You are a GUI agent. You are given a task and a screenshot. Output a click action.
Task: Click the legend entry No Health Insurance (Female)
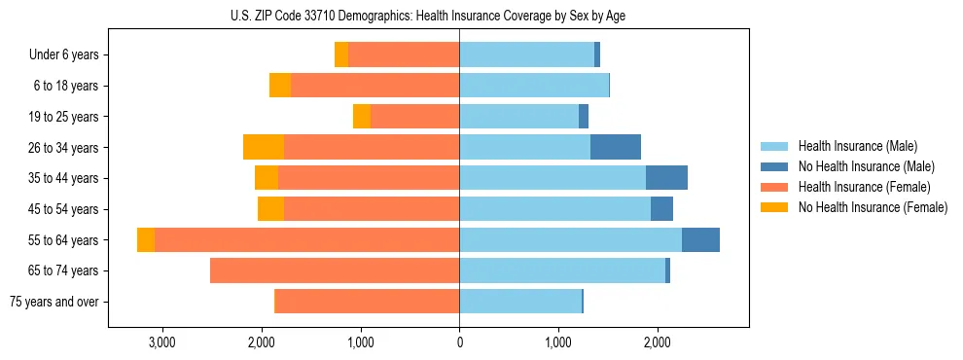873,207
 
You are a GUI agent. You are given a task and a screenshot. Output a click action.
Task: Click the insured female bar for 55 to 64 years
306,240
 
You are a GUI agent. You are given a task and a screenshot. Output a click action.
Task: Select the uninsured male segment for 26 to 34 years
616,147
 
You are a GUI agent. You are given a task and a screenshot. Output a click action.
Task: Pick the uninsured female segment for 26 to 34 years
264,147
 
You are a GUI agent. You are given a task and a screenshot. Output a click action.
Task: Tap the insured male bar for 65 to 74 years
562,270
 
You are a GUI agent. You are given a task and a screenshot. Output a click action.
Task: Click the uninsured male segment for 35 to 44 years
666,178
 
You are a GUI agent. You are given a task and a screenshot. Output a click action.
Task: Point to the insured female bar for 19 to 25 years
414,117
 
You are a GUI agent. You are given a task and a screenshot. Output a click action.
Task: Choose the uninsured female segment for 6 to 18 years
280,86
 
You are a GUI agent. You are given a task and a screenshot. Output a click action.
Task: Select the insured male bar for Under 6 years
526,55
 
